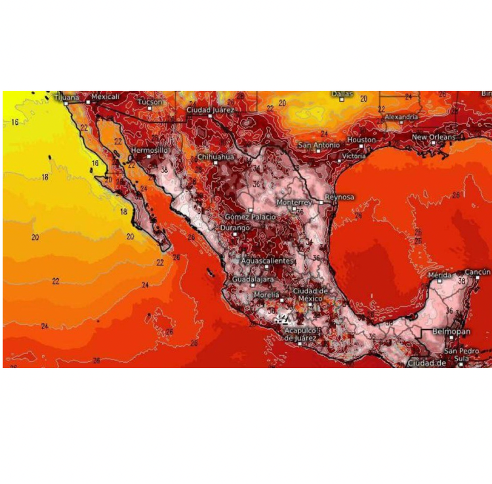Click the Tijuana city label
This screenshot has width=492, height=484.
(x=66, y=98)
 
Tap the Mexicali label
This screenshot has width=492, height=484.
(x=106, y=96)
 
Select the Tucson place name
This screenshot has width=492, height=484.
(x=150, y=102)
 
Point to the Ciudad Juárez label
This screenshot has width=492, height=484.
(x=210, y=110)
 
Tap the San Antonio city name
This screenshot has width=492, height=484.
(x=319, y=144)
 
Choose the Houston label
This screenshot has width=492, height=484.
(x=361, y=140)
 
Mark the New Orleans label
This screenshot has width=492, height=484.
(x=433, y=137)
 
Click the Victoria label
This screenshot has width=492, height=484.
(x=354, y=156)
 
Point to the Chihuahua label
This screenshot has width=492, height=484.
(x=216, y=157)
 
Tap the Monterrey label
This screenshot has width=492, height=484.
(x=294, y=202)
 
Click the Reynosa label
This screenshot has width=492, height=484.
(x=340, y=197)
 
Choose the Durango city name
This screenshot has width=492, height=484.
(x=235, y=227)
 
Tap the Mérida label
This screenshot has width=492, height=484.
(x=440, y=275)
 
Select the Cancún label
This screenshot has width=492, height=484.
(x=477, y=272)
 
